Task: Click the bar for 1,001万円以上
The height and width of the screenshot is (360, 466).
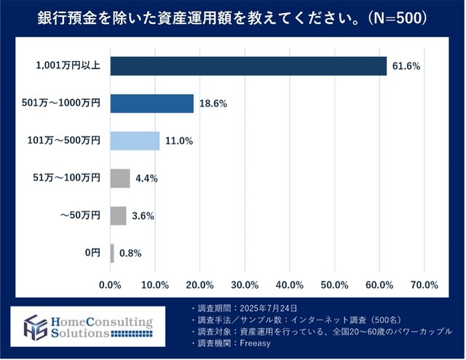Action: pos(248,66)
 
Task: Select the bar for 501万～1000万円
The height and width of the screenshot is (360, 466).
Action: pos(151,103)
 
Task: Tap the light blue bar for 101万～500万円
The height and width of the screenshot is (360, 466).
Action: pos(135,141)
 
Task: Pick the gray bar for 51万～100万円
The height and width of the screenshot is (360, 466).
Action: pos(120,178)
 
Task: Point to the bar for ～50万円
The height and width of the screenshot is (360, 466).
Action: pos(118,216)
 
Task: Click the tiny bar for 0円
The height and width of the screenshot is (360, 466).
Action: pos(112,253)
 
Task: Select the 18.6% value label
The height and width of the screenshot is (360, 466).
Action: pos(213,103)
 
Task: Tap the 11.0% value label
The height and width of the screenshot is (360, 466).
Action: pos(178,141)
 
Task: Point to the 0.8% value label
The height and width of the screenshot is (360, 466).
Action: pos(130,253)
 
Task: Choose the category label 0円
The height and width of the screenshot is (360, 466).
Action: pos(92,253)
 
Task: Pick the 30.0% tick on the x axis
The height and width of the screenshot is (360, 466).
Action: pos(245,284)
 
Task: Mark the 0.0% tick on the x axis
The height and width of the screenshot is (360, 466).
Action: pos(110,284)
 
